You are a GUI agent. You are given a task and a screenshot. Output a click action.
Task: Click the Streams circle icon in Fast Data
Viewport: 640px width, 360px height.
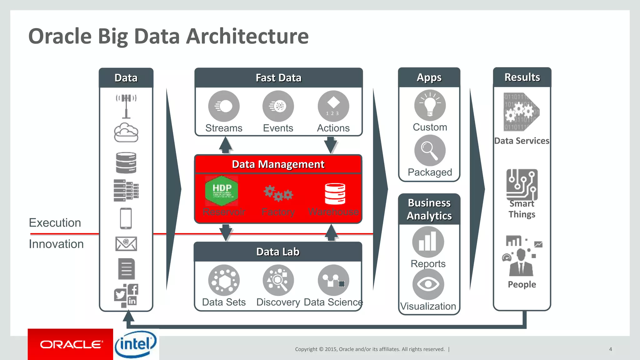tap(224, 106)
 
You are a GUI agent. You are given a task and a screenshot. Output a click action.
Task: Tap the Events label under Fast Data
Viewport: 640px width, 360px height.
tap(278, 128)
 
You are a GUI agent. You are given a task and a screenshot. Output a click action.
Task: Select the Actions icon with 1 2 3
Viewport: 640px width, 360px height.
tap(333, 106)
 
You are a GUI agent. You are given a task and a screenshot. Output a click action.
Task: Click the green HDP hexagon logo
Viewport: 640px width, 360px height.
tap(222, 191)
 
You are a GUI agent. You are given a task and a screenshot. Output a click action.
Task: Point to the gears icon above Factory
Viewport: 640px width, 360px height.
tap(278, 193)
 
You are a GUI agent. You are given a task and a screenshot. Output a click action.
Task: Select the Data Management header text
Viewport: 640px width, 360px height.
tap(278, 164)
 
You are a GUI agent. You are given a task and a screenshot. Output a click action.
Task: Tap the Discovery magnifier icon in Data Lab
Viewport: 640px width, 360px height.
tap(278, 280)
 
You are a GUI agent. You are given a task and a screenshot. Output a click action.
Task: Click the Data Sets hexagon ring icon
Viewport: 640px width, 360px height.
tap(224, 280)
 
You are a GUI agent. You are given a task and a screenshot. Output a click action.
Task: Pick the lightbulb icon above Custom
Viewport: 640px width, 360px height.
tap(430, 105)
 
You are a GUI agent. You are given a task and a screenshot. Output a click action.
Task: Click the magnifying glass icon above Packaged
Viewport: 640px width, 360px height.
tap(430, 150)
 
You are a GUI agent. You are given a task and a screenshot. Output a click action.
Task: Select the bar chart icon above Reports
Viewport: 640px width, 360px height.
tap(428, 242)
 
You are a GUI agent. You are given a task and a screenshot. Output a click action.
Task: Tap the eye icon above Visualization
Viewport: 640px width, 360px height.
tap(428, 284)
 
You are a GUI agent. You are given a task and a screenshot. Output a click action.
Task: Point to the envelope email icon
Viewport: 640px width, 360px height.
tap(126, 244)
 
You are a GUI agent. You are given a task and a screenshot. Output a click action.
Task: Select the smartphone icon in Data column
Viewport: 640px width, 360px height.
tap(126, 218)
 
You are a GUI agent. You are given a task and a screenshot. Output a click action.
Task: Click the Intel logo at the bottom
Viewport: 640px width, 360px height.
tap(136, 344)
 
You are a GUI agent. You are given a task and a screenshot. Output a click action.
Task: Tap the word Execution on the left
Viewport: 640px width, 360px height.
tap(55, 223)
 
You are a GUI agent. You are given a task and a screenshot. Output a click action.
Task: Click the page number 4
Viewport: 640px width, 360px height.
tap(610, 349)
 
